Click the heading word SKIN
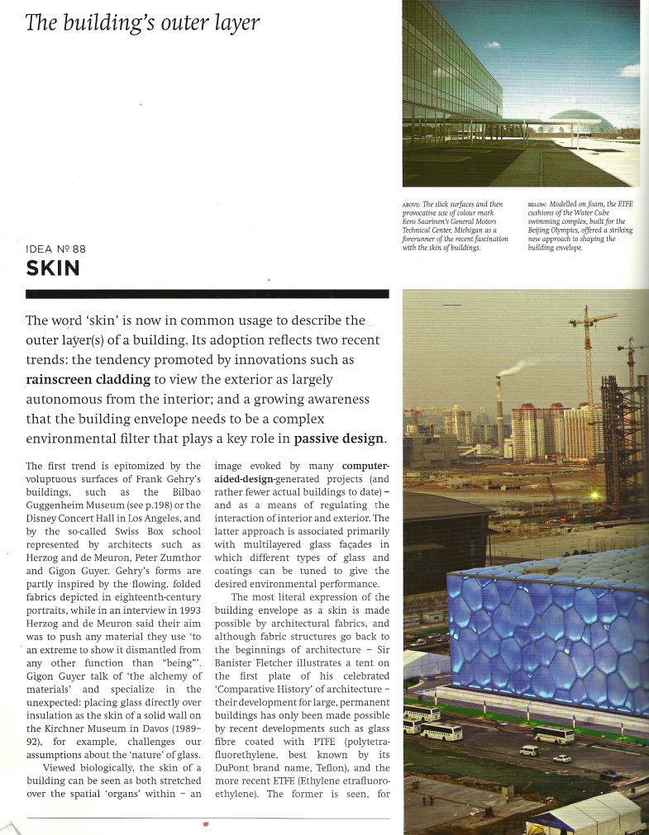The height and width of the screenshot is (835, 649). (53, 268)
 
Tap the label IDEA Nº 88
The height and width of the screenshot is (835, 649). (55, 249)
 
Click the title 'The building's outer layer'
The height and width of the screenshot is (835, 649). (142, 22)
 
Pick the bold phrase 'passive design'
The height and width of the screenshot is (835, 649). (339, 438)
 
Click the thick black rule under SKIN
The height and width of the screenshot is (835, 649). (207, 293)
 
